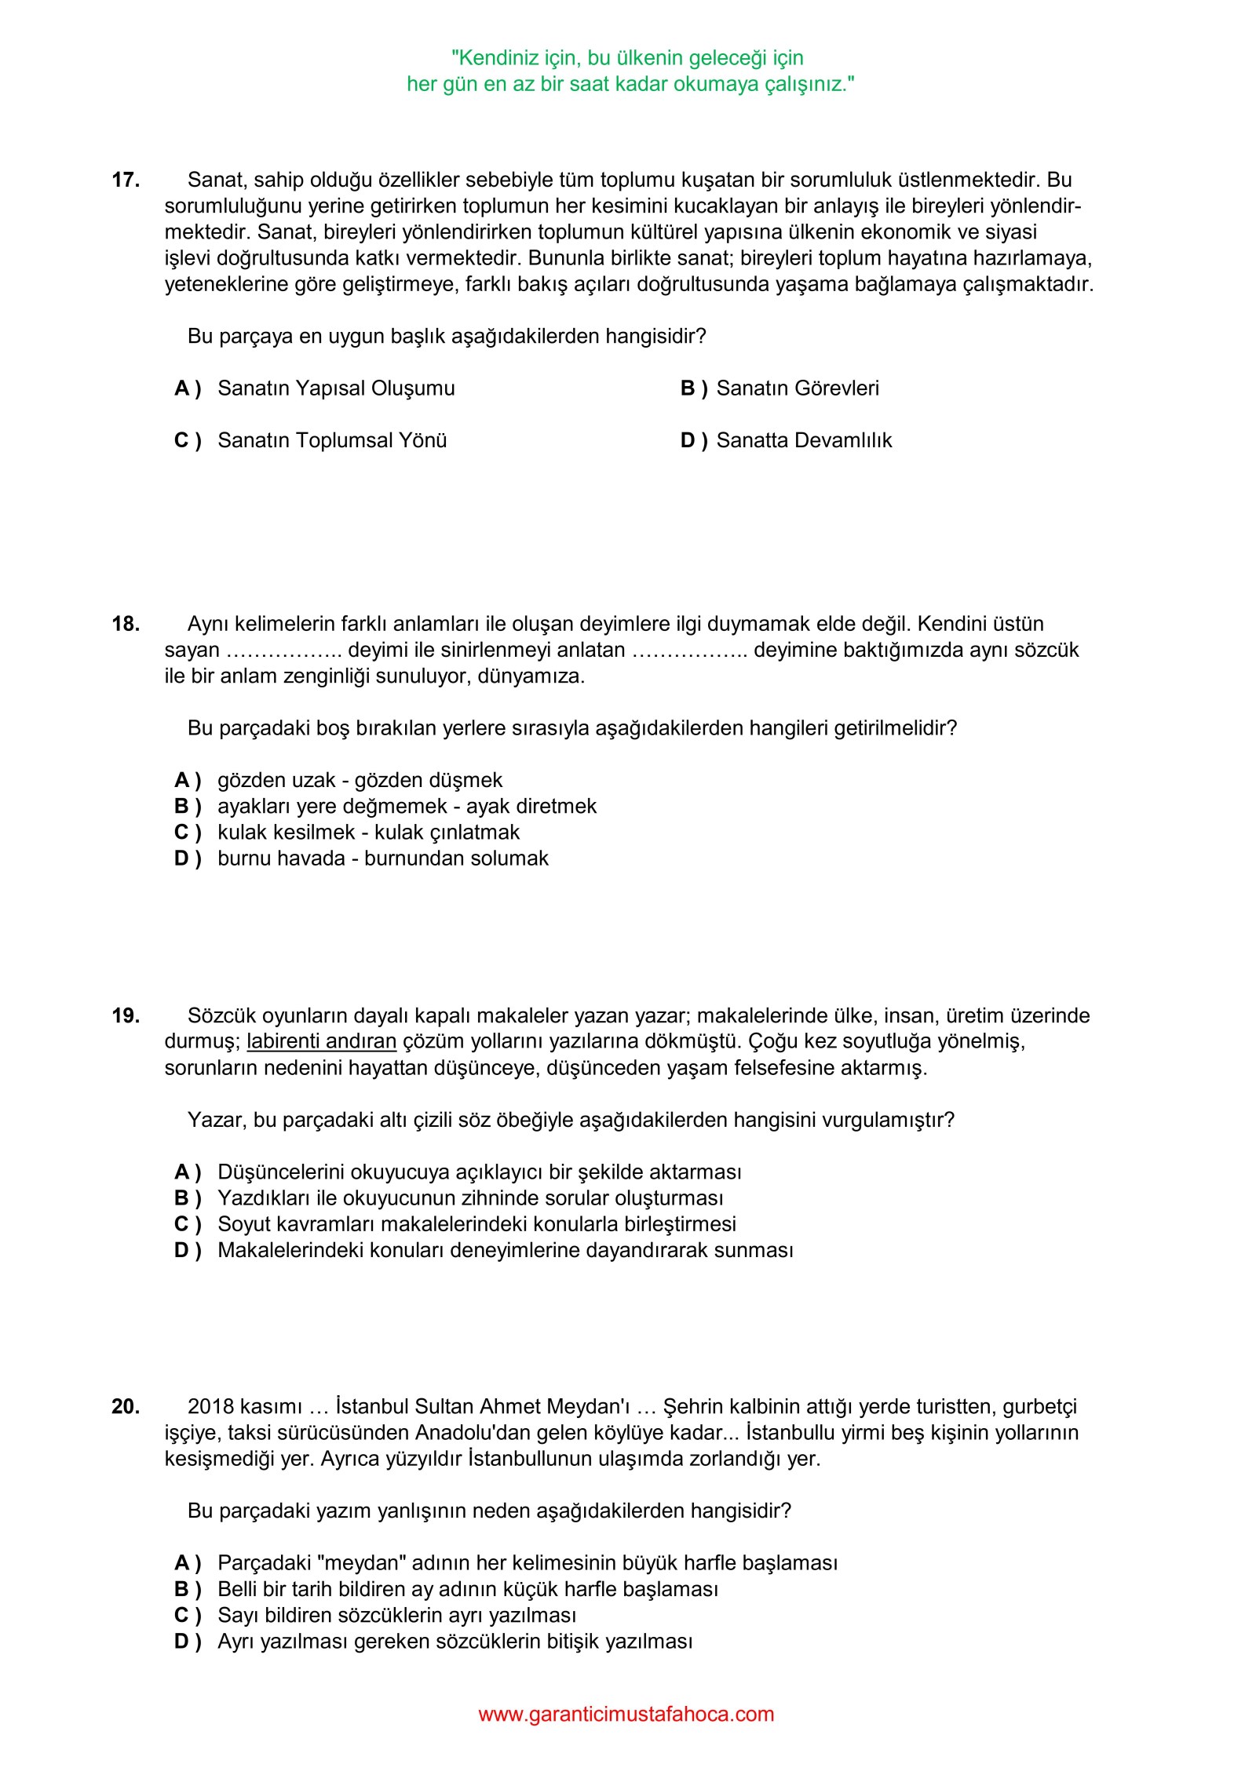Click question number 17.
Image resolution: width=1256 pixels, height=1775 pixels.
point(126,180)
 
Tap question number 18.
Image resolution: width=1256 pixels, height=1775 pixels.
point(126,624)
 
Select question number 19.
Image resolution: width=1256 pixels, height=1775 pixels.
point(126,1015)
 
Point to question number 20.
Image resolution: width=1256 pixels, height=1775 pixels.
point(126,1406)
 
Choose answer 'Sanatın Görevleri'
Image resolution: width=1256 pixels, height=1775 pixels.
point(797,388)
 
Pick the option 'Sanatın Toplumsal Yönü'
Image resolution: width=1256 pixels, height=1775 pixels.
point(332,440)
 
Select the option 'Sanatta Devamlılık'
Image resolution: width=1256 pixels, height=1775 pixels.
point(804,440)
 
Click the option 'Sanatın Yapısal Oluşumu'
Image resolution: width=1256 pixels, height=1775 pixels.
point(336,388)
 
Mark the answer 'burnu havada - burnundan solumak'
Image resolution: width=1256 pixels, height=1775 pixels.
point(382,858)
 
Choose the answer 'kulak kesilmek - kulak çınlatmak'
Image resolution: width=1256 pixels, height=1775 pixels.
point(368,832)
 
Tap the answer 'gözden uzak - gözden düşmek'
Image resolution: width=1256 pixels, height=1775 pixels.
point(360,780)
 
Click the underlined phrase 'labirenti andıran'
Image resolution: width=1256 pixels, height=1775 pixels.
point(321,1041)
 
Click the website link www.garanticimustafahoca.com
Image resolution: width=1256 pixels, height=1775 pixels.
point(626,1714)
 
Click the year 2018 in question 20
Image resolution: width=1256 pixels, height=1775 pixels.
point(211,1406)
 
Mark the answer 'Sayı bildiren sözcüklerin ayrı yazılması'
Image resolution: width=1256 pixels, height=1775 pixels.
point(396,1615)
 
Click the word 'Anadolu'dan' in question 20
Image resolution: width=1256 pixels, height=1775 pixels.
point(470,1432)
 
